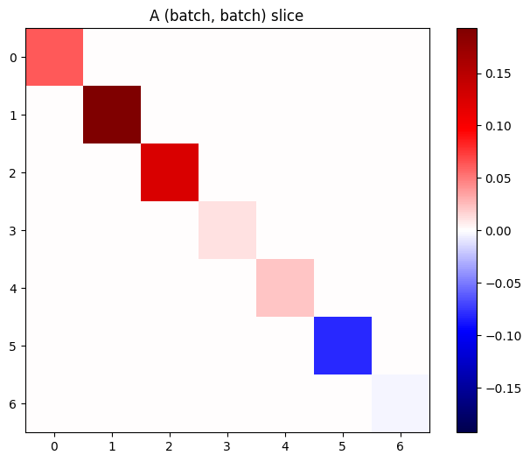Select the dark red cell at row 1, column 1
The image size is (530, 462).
tap(112, 115)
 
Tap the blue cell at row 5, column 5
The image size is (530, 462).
tap(343, 346)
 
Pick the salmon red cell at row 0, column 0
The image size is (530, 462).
tap(54, 57)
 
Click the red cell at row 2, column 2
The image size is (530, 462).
tap(170, 172)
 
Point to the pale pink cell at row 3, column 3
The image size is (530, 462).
tap(227, 230)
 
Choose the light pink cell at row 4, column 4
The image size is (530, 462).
tap(285, 288)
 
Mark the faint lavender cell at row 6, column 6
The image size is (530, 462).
tap(401, 403)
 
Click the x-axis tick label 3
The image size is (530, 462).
tap(227, 446)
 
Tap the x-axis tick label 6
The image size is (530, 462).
tap(401, 446)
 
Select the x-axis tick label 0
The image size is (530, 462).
tap(54, 446)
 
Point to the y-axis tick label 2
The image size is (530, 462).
tap(12, 172)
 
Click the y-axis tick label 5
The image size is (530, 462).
tap(12, 346)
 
